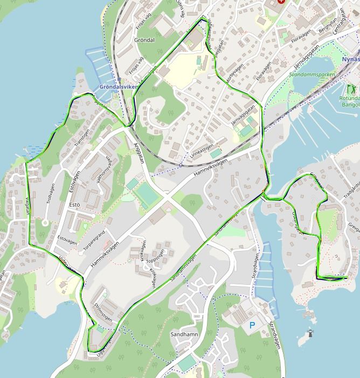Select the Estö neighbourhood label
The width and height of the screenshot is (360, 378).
[x=75, y=205]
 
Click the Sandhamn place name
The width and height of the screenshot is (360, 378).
[x=184, y=334]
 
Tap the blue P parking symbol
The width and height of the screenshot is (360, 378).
[x=252, y=325]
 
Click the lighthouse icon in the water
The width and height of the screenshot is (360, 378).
[x=310, y=334]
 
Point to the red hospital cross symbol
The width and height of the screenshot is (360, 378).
[x=280, y=2]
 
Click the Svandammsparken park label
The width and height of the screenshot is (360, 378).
[x=311, y=75]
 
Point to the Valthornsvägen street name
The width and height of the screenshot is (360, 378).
[x=105, y=171]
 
